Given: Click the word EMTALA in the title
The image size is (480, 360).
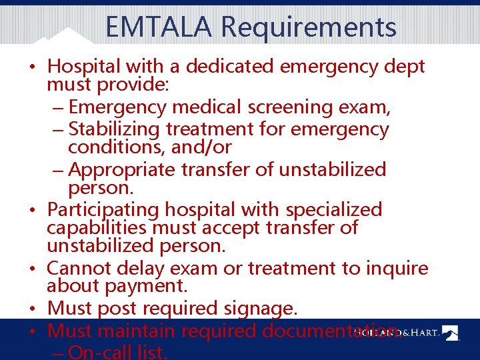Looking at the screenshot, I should (x=159, y=27).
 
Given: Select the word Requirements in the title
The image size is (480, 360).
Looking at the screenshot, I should (x=309, y=27).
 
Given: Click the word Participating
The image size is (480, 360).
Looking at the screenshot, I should (x=104, y=209).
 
